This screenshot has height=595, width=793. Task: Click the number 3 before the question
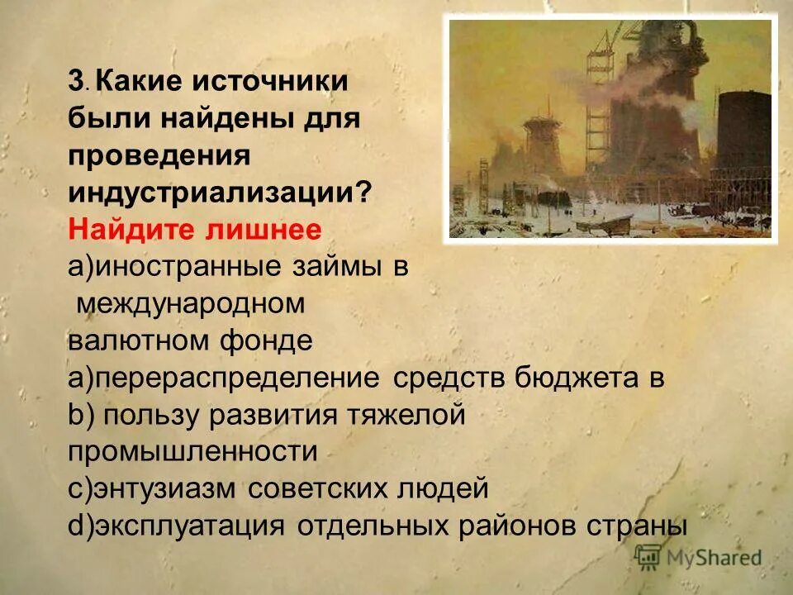(75, 82)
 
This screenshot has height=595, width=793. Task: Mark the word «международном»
(191, 302)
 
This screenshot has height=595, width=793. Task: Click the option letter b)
(81, 414)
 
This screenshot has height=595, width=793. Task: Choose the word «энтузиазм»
(166, 488)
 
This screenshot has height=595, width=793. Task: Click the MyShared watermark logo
(700, 557)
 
